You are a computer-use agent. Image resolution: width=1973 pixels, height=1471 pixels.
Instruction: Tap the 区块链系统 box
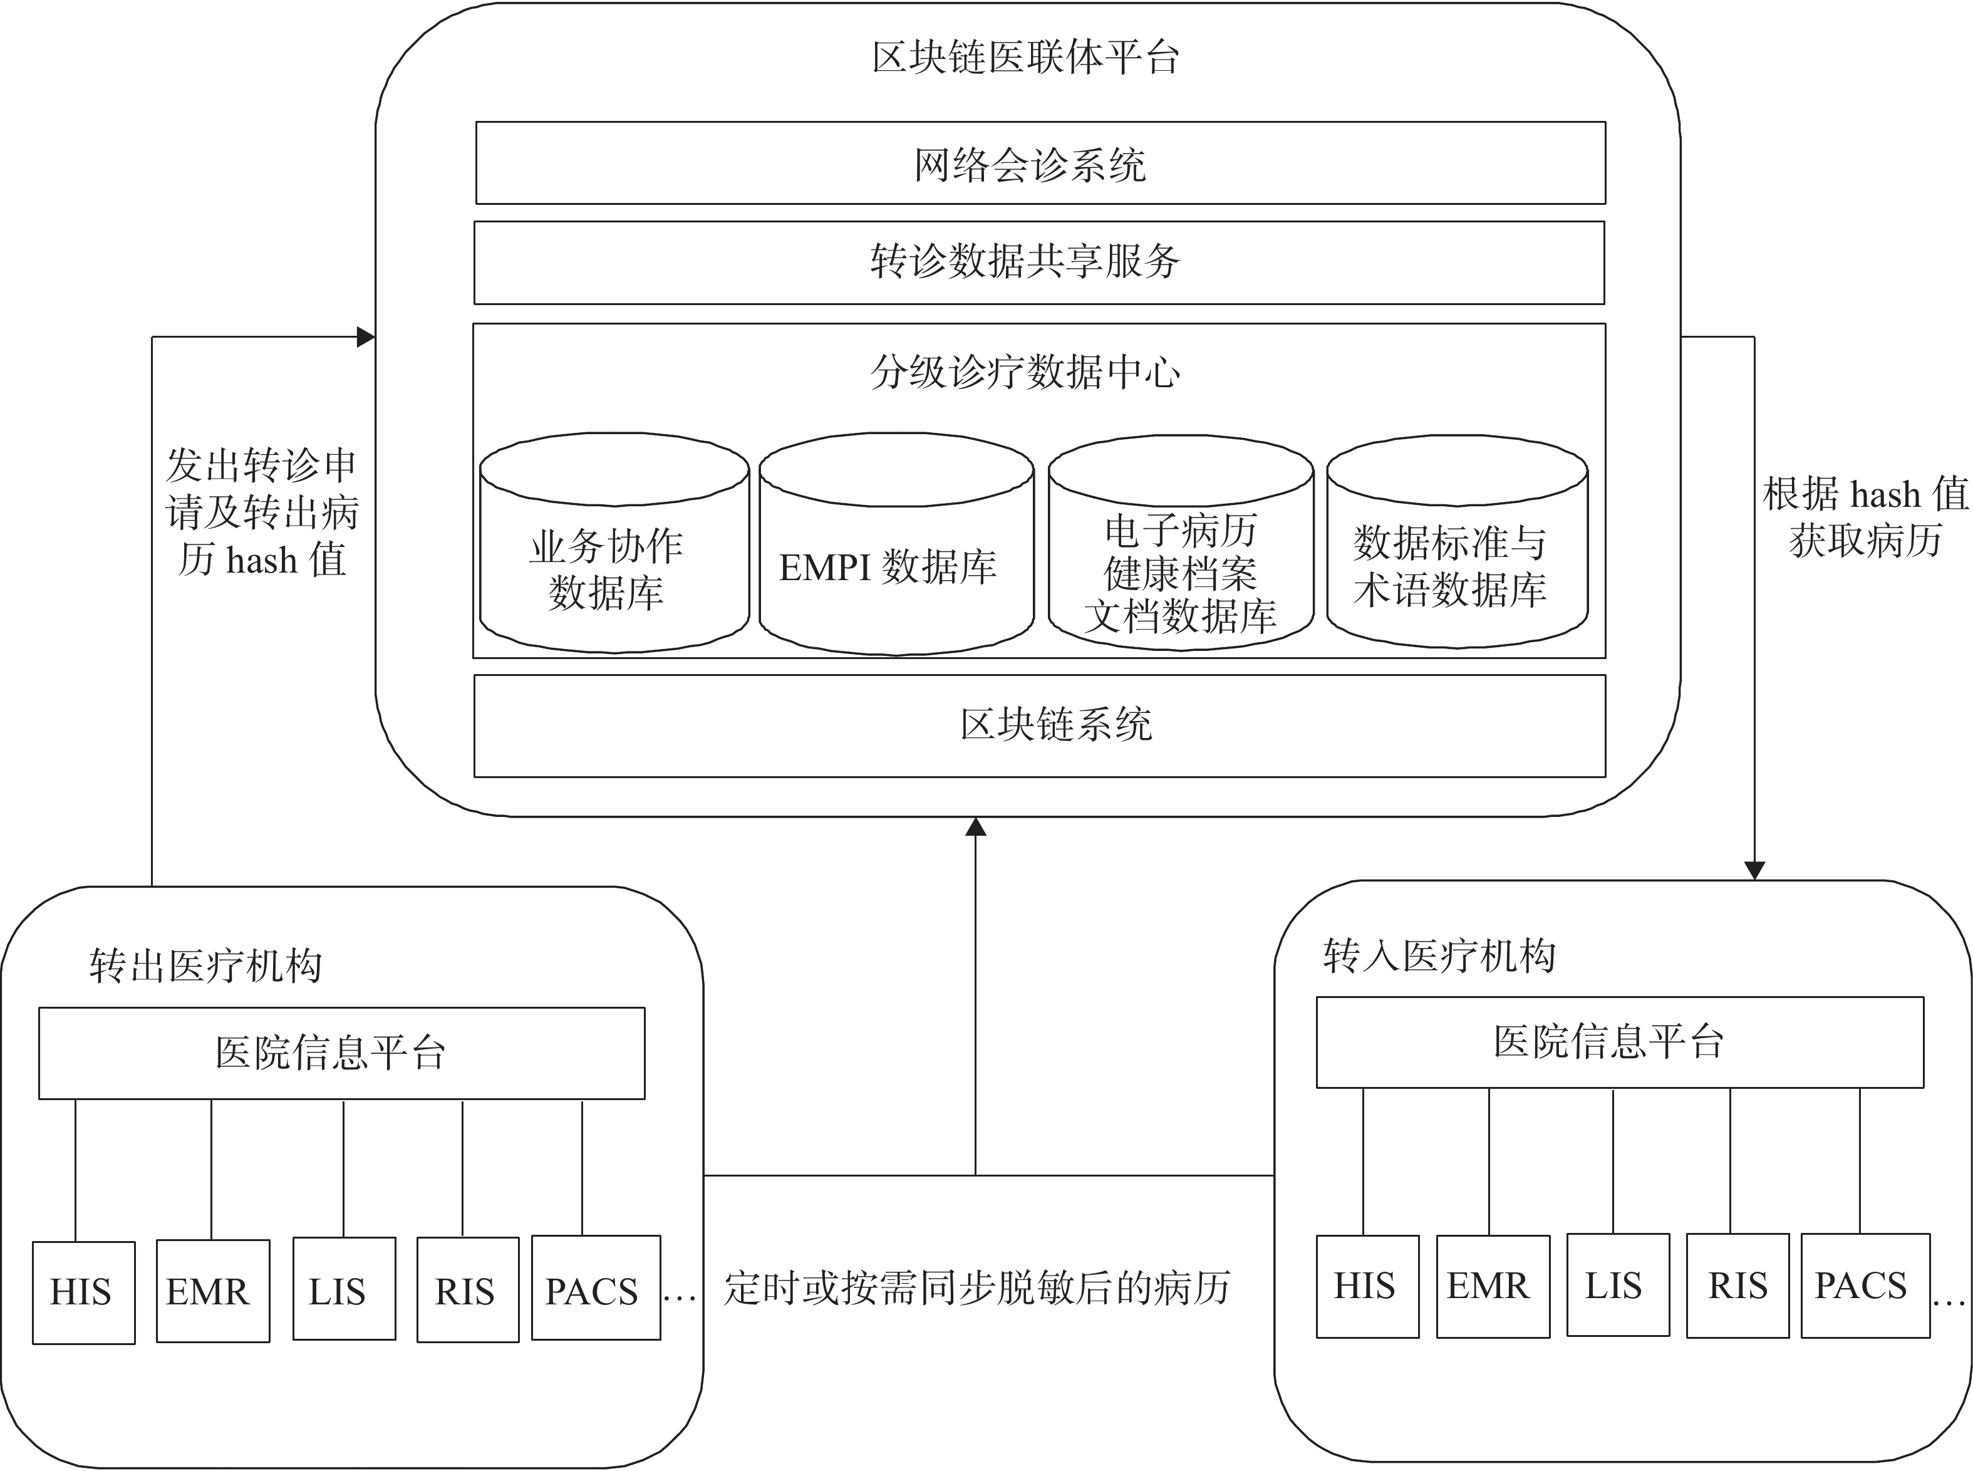(x=1039, y=725)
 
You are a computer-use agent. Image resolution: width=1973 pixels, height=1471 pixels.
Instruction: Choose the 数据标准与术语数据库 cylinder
(x=1457, y=556)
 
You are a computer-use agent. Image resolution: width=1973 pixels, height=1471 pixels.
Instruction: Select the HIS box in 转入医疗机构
(x=1367, y=1286)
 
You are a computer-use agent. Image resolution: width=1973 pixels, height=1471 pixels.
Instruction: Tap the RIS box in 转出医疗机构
(x=467, y=1289)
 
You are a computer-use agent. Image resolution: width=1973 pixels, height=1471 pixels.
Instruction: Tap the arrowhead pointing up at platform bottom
(x=976, y=827)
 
